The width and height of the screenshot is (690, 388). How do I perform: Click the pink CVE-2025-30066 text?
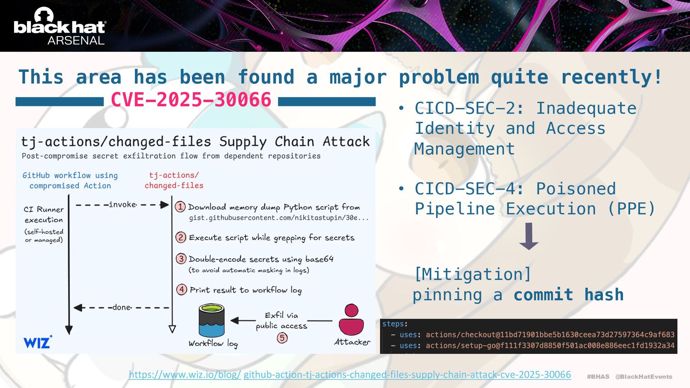[191, 100]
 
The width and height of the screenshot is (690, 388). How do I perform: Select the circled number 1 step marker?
[180, 207]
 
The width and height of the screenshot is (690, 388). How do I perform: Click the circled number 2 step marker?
[180, 237]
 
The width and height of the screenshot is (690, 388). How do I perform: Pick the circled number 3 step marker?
[181, 259]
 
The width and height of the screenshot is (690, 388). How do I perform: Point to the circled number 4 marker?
[181, 289]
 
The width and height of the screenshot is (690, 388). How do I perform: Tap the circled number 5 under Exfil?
[282, 338]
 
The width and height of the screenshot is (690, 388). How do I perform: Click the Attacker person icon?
[351, 319]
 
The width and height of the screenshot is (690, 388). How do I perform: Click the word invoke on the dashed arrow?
[122, 205]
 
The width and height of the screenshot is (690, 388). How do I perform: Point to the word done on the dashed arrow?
[121, 308]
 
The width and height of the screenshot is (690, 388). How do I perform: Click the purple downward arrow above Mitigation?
[529, 236]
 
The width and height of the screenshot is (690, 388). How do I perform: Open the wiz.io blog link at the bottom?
[350, 374]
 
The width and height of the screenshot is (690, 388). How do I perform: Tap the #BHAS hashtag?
[598, 377]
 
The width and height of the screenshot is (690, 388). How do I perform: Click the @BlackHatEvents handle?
[644, 377]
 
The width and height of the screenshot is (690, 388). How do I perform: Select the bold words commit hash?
[569, 295]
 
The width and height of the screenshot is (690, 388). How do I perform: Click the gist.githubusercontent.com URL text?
[279, 218]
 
